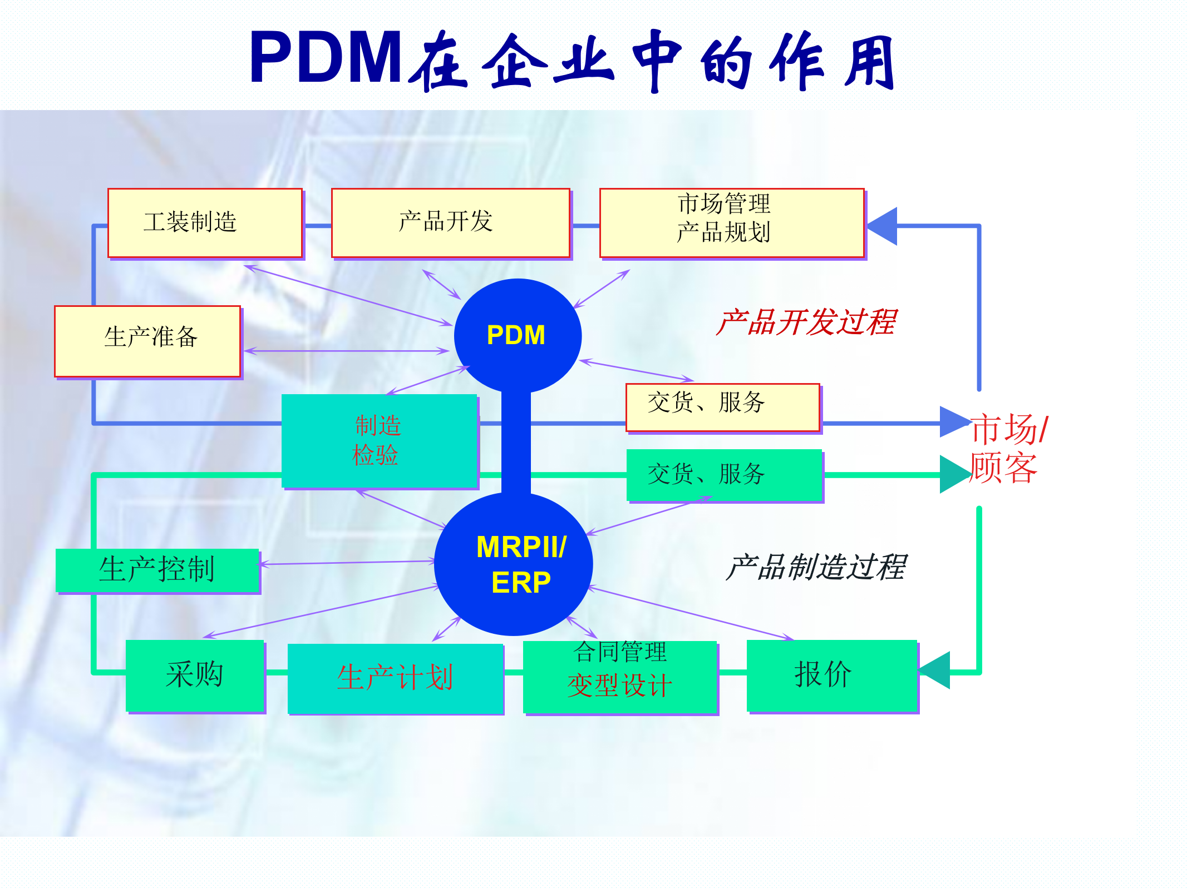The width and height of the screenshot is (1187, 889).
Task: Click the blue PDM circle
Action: pyautogui.click(x=518, y=335)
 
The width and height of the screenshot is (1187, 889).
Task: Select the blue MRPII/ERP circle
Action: pyautogui.click(x=514, y=564)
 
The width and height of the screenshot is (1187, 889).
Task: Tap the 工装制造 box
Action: pyautogui.click(x=205, y=222)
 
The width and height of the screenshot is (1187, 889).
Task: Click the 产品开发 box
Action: pyautogui.click(x=451, y=222)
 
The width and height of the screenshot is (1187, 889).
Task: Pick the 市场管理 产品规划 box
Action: pyautogui.click(x=732, y=222)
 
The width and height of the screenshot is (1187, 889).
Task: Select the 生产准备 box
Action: pyautogui.click(x=147, y=341)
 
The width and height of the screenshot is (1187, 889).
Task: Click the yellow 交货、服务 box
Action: pyautogui.click(x=722, y=407)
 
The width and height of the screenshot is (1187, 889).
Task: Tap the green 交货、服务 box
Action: pyautogui.click(x=724, y=475)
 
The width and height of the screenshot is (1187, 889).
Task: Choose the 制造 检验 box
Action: pyautogui.click(x=380, y=441)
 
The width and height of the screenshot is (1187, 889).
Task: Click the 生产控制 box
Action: pyautogui.click(x=157, y=570)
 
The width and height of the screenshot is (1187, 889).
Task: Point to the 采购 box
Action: pyautogui.click(x=195, y=675)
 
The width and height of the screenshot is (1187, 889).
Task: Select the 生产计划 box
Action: pyautogui.click(x=395, y=678)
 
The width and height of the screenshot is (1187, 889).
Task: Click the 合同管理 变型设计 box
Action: pyautogui.click(x=620, y=676)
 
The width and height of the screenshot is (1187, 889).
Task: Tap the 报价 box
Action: pyautogui.click(x=831, y=675)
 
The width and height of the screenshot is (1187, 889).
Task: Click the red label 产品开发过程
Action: pyautogui.click(x=806, y=322)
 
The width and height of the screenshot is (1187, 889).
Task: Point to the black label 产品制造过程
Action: pyautogui.click(x=816, y=568)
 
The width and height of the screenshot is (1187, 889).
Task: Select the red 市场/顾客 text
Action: pyautogui.click(x=1007, y=448)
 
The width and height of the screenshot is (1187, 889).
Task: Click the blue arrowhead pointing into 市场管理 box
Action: pyautogui.click(x=884, y=226)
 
